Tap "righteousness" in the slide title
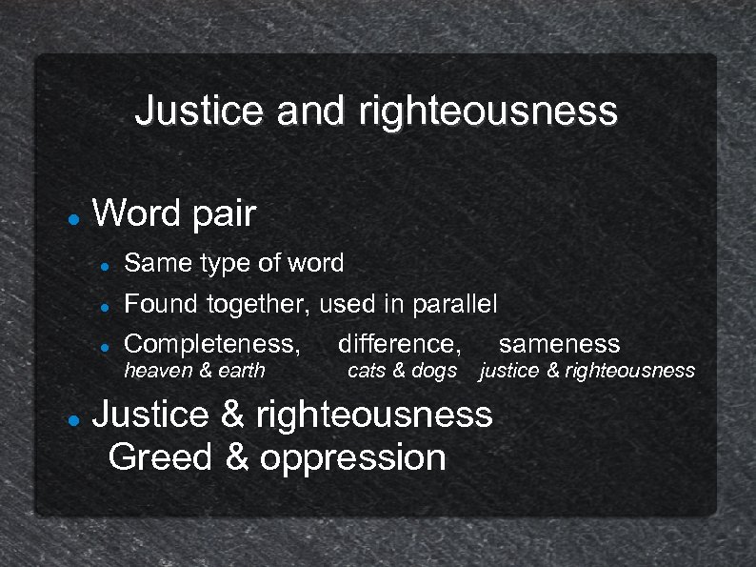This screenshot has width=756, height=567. tap(487, 111)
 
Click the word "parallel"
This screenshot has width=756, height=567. tap(454, 305)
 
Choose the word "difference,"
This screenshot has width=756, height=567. tap(399, 344)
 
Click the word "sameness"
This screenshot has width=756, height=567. tap(559, 344)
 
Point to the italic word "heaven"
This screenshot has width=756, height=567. tap(158, 370)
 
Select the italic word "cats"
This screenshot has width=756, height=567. tap(366, 370)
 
